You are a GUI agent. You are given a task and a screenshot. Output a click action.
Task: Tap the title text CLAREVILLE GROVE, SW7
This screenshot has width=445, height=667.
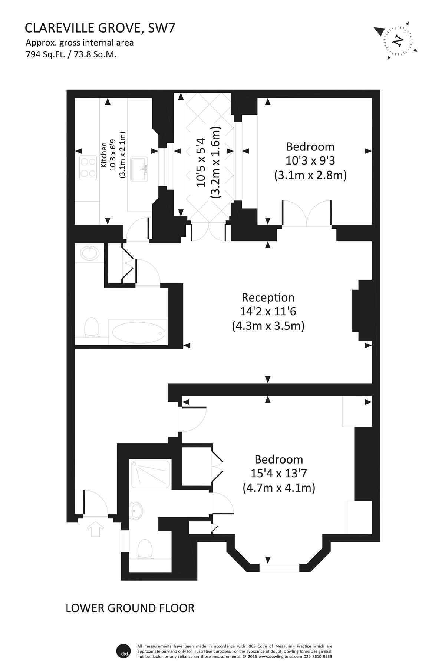point(100,28)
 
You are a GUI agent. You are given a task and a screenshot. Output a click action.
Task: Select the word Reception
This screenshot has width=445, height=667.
point(268,298)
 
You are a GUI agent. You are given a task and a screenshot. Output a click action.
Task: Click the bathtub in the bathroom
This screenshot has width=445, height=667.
point(138,332)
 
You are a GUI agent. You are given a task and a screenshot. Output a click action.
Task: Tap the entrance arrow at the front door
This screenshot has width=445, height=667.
point(96,528)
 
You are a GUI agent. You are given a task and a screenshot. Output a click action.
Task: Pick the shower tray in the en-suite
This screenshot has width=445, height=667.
point(151,475)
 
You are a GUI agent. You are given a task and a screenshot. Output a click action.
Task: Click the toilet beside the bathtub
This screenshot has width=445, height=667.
point(91,328)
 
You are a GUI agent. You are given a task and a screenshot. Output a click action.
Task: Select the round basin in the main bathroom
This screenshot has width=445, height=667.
point(89,253)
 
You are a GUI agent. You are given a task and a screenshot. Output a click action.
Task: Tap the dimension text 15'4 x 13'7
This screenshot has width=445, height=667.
point(279,474)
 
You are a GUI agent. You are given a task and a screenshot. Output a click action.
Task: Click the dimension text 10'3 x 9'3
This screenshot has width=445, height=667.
point(310,161)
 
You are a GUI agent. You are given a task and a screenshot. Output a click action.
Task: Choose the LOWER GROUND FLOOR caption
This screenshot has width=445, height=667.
point(130,608)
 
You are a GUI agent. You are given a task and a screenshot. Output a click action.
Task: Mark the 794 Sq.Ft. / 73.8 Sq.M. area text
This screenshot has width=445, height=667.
point(71,54)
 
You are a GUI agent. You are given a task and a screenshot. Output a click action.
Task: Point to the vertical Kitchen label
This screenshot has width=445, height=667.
point(105,155)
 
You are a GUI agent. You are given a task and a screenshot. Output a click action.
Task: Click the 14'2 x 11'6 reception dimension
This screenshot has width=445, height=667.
point(268,312)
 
